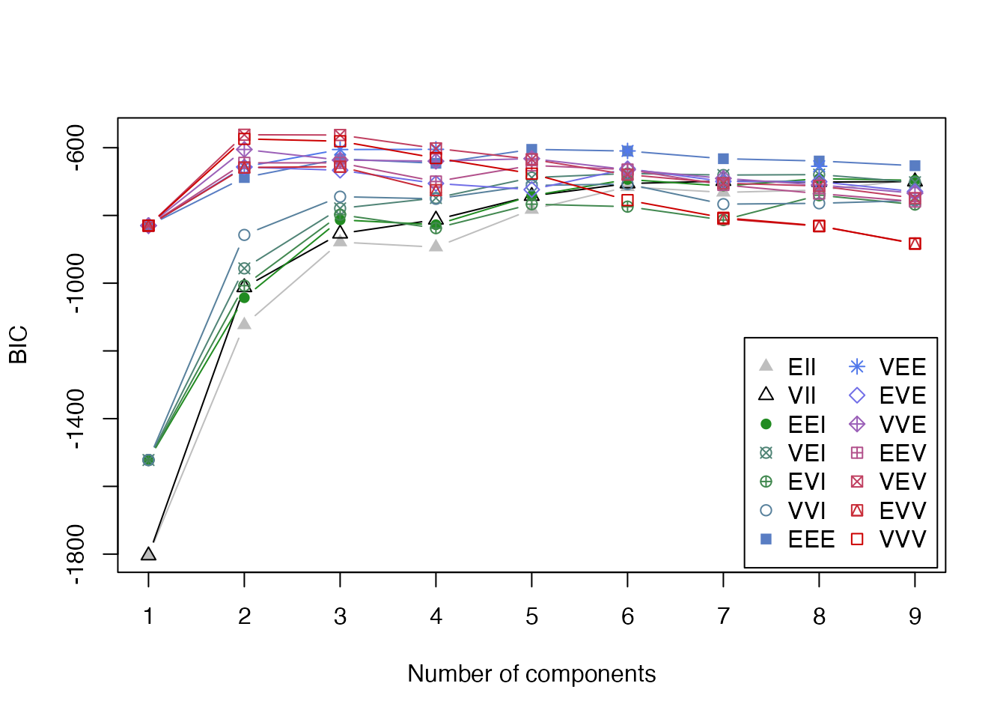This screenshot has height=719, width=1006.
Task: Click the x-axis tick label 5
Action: [531, 616]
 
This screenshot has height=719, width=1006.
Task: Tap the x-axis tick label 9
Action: [915, 616]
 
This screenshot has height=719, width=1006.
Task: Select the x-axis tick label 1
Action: [148, 616]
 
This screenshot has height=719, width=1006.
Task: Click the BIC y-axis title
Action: [19, 345]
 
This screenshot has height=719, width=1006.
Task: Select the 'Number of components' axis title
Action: [531, 674]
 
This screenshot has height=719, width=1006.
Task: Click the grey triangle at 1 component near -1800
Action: [148, 554]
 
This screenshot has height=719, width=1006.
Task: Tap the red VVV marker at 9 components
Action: [915, 243]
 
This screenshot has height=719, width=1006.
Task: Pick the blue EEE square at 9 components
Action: [915, 166]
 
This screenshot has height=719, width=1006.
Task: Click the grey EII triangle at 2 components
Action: [244, 324]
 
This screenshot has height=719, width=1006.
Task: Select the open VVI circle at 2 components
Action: [244, 235]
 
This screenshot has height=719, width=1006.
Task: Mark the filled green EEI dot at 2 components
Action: [244, 297]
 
